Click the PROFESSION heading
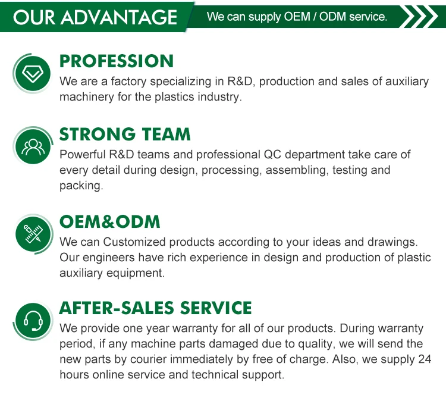[x=117, y=61]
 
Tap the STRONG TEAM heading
[x=125, y=134]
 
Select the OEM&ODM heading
[x=110, y=221]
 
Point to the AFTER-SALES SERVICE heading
[x=155, y=308]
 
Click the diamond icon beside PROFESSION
[x=33, y=73]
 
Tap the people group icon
[x=33, y=147]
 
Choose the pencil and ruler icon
[x=33, y=234]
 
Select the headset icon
[x=33, y=321]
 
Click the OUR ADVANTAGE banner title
[x=95, y=17]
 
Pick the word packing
[x=81, y=186]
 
